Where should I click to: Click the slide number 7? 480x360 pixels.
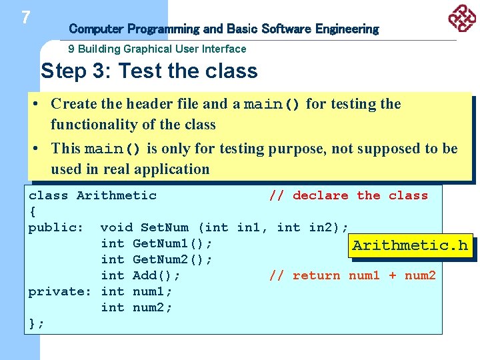(25, 17)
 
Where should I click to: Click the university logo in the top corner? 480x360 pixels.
(461, 18)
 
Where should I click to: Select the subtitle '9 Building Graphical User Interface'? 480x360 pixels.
(157, 49)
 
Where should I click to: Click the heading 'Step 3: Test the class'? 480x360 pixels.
(149, 71)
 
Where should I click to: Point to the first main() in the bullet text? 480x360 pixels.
(273, 104)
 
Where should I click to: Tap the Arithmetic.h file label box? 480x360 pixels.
(410, 245)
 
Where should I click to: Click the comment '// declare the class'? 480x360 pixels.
(348, 195)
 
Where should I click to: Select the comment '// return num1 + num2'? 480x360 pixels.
(352, 275)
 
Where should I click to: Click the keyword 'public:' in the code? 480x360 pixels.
(56, 227)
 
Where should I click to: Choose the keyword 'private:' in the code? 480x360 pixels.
(60, 291)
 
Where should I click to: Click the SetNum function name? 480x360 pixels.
(165, 227)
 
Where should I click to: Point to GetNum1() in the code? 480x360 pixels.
(173, 243)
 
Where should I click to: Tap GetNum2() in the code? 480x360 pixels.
(173, 259)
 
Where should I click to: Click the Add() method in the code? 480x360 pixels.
(157, 275)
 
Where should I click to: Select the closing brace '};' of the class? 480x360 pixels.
(37, 323)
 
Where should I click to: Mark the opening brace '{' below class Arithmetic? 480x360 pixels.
(33, 211)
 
